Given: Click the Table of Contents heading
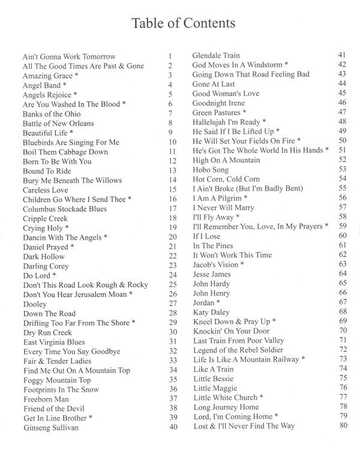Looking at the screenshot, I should pyautogui.click(x=181, y=23).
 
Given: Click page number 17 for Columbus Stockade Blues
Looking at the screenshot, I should pyautogui.click(x=173, y=209).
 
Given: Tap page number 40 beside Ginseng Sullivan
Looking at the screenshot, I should pyautogui.click(x=173, y=427).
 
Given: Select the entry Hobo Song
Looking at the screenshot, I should pyautogui.click(x=211, y=170).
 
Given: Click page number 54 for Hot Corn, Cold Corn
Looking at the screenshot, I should pyautogui.click(x=343, y=179).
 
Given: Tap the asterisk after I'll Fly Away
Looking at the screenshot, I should pyautogui.click(x=238, y=217).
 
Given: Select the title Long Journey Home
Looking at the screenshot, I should pyautogui.click(x=226, y=407).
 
